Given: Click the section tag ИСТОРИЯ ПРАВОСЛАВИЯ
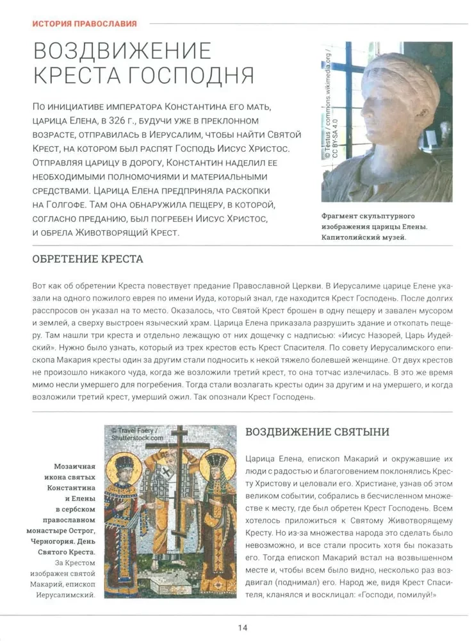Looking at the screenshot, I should [x=85, y=24].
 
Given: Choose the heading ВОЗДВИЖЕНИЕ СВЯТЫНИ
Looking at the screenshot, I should [x=317, y=432].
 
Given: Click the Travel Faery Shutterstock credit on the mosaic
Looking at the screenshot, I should [x=137, y=435].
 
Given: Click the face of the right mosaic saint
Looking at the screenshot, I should [x=218, y=473].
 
